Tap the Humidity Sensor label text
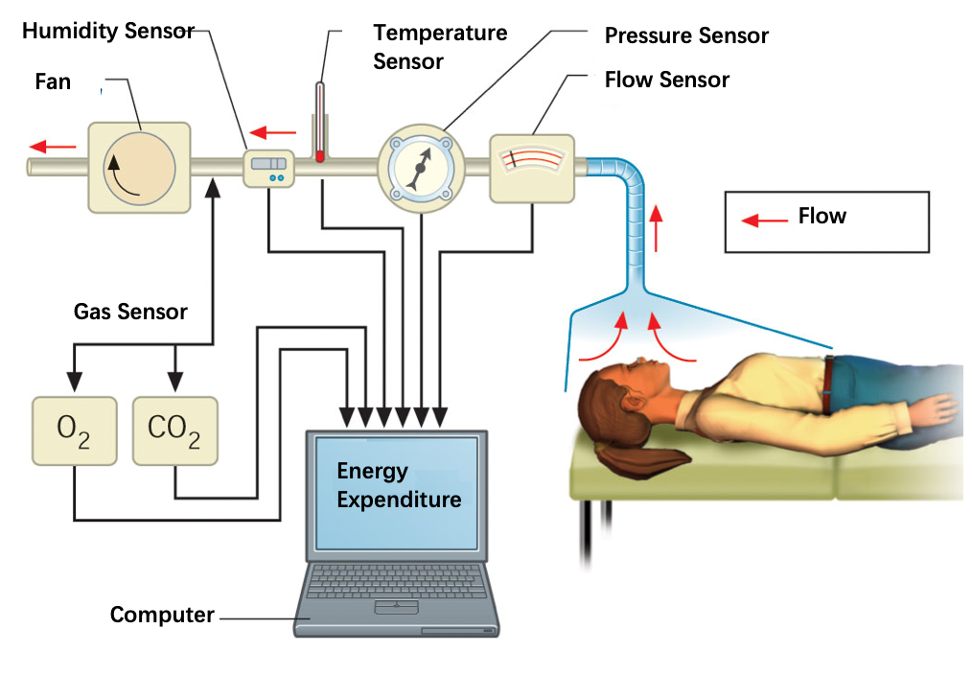click(x=107, y=31)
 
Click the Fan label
click(x=53, y=81)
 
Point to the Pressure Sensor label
click(x=686, y=36)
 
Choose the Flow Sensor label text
click(x=667, y=80)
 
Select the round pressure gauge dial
click(x=421, y=167)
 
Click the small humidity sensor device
click(x=268, y=169)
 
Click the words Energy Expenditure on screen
click(x=398, y=485)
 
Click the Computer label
click(x=162, y=615)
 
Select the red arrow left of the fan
click(x=53, y=147)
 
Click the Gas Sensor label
click(x=130, y=312)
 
